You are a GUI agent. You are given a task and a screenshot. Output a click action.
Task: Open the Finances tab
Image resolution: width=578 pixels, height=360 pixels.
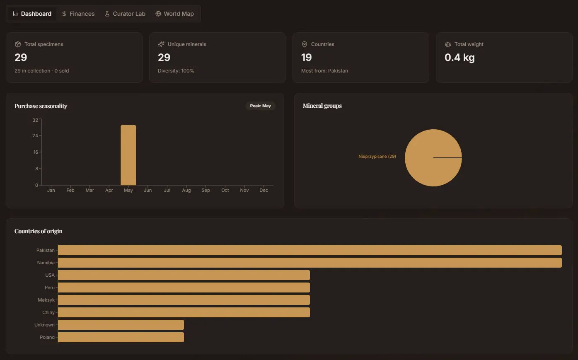pyautogui.click(x=78, y=14)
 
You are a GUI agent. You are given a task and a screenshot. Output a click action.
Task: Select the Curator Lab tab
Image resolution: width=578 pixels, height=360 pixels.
pyautogui.click(x=125, y=14)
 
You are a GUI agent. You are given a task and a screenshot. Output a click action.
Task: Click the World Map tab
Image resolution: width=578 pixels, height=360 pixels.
pyautogui.click(x=175, y=14)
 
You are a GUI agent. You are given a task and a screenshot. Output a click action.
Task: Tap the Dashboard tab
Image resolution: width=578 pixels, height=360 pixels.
pyautogui.click(x=32, y=14)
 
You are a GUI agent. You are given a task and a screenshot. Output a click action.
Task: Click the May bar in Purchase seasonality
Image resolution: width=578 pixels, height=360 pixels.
pyautogui.click(x=128, y=155)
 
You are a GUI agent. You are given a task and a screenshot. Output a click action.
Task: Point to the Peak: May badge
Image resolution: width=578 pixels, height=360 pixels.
pyautogui.click(x=260, y=106)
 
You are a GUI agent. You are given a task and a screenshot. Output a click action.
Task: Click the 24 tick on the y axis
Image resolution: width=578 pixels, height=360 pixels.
pyautogui.click(x=35, y=135)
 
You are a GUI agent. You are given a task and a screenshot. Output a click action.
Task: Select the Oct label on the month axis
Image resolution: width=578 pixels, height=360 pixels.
pyautogui.click(x=225, y=190)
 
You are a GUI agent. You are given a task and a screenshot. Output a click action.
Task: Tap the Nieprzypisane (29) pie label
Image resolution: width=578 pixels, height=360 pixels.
pyautogui.click(x=377, y=157)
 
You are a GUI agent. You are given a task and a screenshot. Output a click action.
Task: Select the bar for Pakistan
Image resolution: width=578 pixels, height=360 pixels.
pyautogui.click(x=310, y=250)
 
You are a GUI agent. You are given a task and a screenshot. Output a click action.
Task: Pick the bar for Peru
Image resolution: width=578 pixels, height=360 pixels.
pyautogui.click(x=184, y=288)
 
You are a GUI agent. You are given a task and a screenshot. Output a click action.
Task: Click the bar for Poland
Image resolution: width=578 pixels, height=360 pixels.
pyautogui.click(x=121, y=337)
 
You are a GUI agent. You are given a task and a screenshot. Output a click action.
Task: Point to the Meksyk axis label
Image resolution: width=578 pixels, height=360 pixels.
pyautogui.click(x=46, y=300)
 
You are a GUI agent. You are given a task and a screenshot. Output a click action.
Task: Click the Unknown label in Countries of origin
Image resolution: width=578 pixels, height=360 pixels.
pyautogui.click(x=44, y=325)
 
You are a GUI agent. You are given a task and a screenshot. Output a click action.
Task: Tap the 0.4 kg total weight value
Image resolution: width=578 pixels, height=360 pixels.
pyautogui.click(x=459, y=57)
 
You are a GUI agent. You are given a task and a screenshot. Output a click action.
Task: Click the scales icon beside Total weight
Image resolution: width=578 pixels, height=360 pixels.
pyautogui.click(x=448, y=44)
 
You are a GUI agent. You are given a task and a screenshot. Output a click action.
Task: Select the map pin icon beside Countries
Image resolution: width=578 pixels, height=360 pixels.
pyautogui.click(x=305, y=44)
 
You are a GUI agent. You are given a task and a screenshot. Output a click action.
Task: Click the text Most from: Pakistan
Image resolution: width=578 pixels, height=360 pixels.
pyautogui.click(x=324, y=71)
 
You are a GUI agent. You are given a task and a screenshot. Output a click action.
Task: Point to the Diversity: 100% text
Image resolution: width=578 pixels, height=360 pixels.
pyautogui.click(x=176, y=71)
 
